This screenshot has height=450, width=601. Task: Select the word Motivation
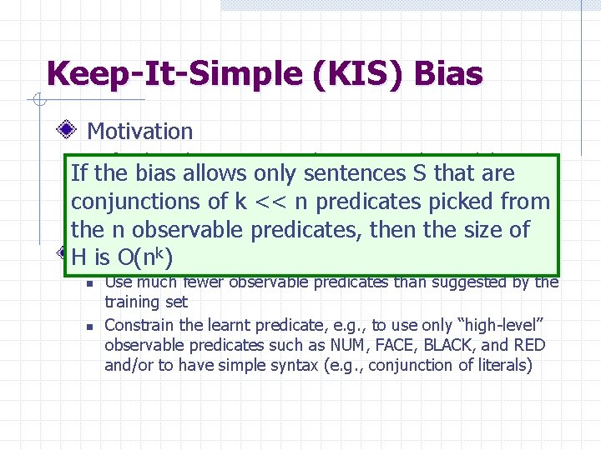(x=140, y=131)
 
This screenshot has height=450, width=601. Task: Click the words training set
(x=146, y=302)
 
